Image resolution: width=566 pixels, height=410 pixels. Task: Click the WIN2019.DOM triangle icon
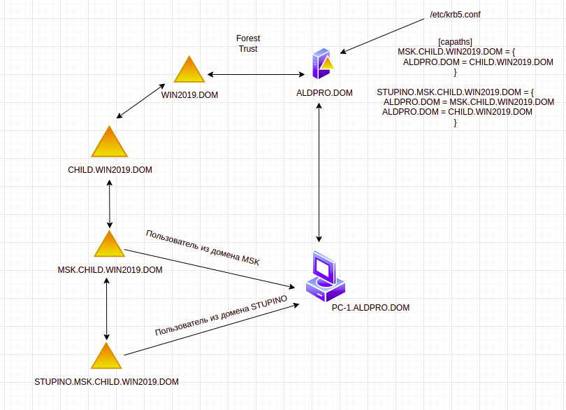(189, 69)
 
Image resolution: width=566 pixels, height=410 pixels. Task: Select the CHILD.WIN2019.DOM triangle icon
(110, 142)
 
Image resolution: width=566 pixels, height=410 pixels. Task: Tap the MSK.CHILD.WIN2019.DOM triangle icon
(110, 244)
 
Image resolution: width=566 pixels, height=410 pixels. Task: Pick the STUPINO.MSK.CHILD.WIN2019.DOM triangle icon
(106, 356)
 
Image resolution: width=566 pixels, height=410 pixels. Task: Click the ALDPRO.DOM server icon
(323, 64)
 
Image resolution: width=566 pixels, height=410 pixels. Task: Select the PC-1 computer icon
(325, 276)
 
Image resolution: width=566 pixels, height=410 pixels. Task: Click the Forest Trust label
(248, 44)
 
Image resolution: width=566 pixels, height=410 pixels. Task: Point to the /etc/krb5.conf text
(455, 15)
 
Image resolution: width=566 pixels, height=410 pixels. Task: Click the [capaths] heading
(455, 42)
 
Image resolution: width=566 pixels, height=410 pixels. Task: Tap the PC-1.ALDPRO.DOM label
(371, 308)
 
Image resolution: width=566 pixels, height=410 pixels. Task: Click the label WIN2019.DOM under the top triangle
(189, 95)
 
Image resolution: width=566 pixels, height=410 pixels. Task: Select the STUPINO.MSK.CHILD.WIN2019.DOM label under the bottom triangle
(106, 382)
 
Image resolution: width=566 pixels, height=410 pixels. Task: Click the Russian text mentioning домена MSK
(203, 248)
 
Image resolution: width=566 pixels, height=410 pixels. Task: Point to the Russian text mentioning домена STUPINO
(221, 316)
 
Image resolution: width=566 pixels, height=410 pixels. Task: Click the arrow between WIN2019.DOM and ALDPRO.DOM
(256, 74)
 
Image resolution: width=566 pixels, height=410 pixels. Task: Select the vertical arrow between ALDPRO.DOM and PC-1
(319, 172)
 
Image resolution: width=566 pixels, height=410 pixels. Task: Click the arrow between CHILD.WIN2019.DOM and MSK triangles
(110, 204)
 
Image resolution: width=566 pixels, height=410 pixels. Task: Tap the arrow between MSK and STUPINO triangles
(106, 309)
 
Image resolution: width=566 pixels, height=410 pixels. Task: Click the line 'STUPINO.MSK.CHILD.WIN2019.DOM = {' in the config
(455, 92)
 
